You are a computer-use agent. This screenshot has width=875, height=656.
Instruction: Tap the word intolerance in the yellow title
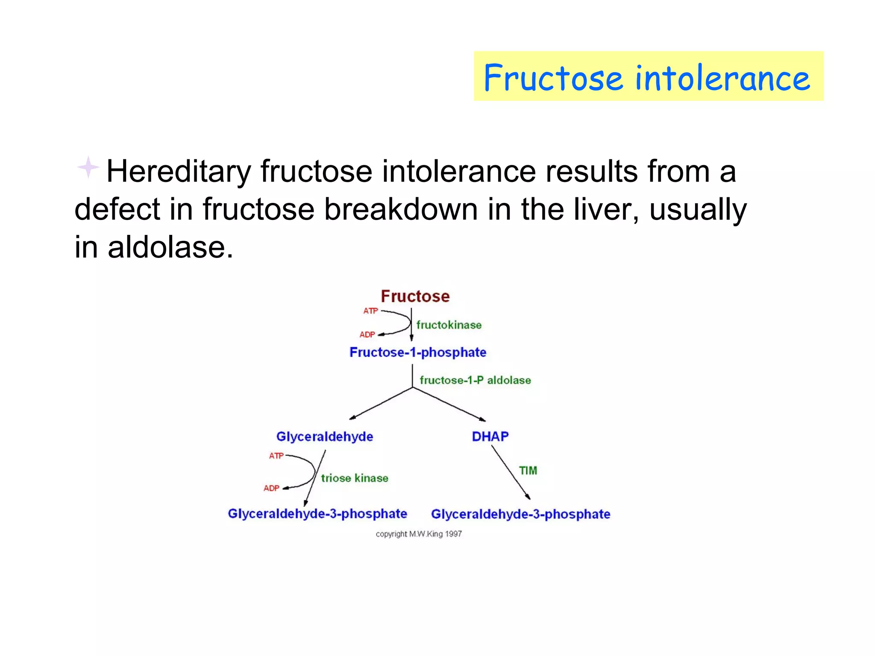coord(722,78)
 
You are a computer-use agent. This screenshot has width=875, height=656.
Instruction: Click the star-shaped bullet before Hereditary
coord(88,167)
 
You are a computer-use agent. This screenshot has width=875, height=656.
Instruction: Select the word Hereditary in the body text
coord(179,172)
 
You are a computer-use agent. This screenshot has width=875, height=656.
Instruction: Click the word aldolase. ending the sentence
coord(170,247)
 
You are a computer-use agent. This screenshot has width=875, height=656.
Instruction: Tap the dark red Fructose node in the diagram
coord(415,296)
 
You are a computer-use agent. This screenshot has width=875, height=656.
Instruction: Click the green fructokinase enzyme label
coord(449,325)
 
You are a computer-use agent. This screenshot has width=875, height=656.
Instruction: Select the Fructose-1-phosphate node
coord(417,352)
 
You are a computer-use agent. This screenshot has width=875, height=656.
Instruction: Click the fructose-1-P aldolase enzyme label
coord(475,380)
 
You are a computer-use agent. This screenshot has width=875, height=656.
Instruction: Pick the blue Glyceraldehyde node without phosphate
coord(324,436)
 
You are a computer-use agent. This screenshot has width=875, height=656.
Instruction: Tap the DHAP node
coord(490,436)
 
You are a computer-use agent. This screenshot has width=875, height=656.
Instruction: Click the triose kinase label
coord(355,478)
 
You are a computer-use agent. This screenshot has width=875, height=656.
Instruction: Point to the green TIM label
coord(528,471)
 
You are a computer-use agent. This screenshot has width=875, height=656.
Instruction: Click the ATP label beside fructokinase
coord(370,311)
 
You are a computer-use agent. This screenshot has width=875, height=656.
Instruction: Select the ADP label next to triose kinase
coord(271,488)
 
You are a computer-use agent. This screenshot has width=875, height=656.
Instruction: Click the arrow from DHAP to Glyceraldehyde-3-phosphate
coord(511,472)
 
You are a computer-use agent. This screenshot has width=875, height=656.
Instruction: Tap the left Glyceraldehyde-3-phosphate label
coord(317,514)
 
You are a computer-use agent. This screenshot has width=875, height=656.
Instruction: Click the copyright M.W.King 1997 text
coord(419,534)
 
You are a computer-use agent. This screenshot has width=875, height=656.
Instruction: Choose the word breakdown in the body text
coord(400,209)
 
